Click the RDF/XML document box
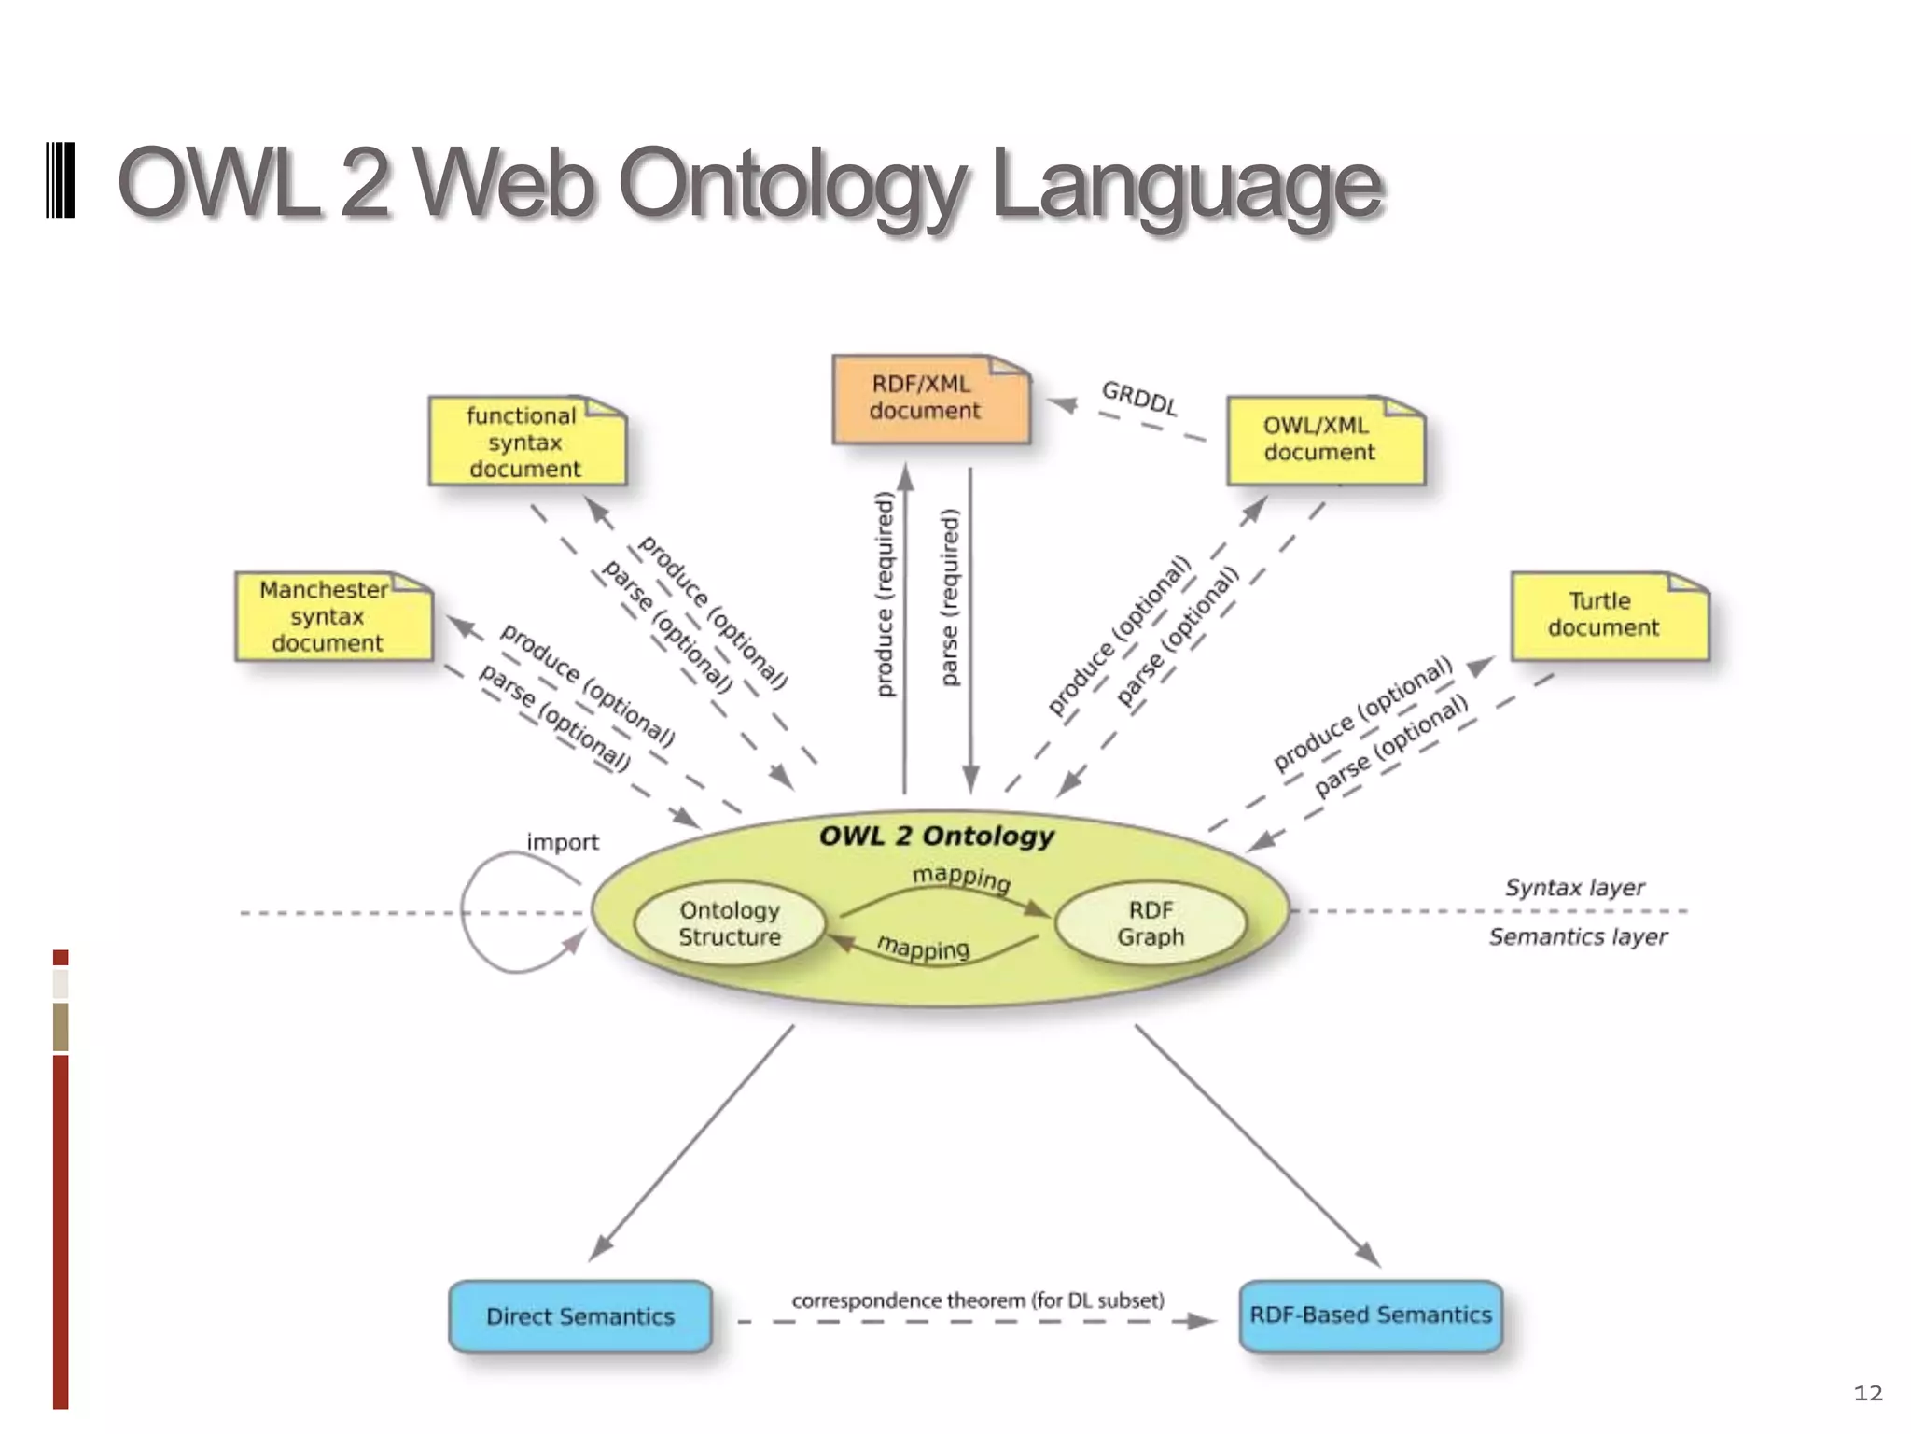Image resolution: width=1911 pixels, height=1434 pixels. [x=929, y=399]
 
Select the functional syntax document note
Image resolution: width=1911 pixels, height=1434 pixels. [x=525, y=442]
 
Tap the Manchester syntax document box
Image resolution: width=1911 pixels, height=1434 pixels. [x=332, y=617]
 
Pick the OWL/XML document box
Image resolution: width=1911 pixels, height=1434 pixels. [x=1324, y=440]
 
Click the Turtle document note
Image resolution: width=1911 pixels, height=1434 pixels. [x=1608, y=615]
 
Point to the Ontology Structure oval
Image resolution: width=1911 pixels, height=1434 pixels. [x=730, y=923]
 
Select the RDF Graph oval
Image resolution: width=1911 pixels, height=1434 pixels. [x=1151, y=923]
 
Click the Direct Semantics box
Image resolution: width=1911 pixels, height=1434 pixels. [x=580, y=1316]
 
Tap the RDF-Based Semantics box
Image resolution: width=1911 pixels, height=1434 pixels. [x=1370, y=1315]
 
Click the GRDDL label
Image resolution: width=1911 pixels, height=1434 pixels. [x=1138, y=399]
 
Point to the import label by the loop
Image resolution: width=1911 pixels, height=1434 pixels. [x=563, y=842]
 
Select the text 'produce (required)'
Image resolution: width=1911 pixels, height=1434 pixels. [x=886, y=594]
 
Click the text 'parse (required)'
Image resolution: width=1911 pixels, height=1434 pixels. [x=950, y=597]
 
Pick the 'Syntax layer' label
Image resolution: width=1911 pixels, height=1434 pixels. [x=1574, y=888]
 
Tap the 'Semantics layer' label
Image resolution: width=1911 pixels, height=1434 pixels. [x=1578, y=936]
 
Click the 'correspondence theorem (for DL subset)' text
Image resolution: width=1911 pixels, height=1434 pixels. [x=977, y=1300]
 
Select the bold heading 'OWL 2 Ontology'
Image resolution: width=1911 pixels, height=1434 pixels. [x=936, y=836]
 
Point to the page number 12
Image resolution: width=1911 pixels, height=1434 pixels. [x=1867, y=1394]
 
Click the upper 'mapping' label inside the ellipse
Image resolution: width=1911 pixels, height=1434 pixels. [x=961, y=879]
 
